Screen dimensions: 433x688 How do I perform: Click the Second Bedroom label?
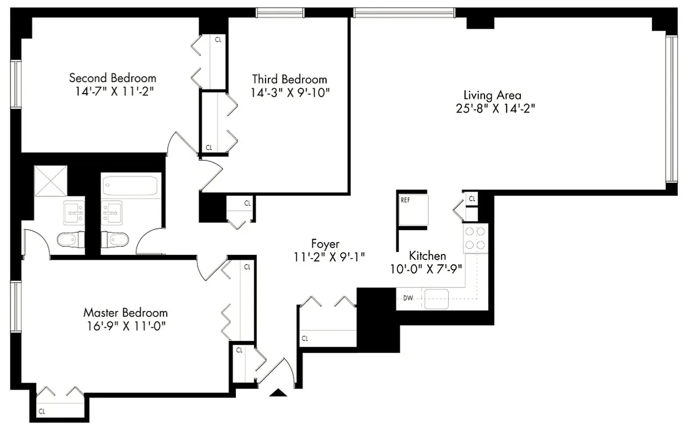(113, 78)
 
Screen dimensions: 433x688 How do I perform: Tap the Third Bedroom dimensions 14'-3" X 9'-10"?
(290, 93)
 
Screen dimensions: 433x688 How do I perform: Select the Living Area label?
(492, 95)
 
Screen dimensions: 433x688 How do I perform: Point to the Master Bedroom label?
(125, 313)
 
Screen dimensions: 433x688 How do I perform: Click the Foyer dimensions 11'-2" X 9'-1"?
(325, 258)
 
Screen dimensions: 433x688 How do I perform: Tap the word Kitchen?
(427, 255)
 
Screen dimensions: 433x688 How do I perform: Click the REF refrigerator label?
(406, 200)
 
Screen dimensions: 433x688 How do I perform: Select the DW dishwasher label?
(408, 298)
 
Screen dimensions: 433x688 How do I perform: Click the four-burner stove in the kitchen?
(475, 238)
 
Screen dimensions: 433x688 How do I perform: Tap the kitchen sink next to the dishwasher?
(437, 299)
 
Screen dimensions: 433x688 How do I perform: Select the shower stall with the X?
(50, 181)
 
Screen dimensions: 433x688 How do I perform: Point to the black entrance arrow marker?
(279, 393)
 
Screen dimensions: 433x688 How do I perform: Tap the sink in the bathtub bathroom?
(112, 211)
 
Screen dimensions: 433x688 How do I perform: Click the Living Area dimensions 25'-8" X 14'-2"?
(495, 108)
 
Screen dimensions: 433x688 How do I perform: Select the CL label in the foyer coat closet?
(305, 339)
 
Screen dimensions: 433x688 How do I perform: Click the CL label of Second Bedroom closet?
(218, 40)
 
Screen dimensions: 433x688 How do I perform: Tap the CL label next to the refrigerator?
(472, 199)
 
